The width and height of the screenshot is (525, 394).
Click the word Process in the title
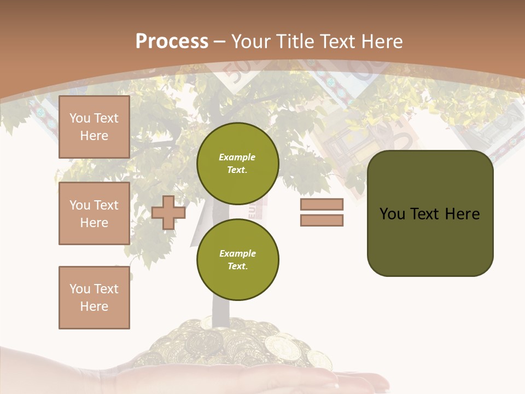click(x=172, y=42)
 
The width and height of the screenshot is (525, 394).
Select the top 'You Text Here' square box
click(x=94, y=127)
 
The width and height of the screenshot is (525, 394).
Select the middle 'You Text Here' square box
click(x=94, y=213)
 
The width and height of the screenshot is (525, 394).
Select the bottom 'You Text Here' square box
click(x=94, y=297)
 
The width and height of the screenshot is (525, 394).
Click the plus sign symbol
click(x=168, y=212)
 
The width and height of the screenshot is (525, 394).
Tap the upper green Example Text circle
click(x=237, y=164)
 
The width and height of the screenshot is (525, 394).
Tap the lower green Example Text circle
click(x=237, y=259)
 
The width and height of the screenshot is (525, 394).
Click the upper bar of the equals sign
click(x=322, y=205)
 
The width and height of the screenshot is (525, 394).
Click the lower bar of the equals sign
click(x=322, y=221)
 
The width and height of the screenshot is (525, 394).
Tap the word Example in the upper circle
click(x=237, y=157)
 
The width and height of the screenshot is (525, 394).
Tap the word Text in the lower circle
click(x=237, y=266)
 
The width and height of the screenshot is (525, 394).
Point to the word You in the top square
click(x=80, y=118)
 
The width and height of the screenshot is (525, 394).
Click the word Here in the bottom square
click(x=94, y=306)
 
